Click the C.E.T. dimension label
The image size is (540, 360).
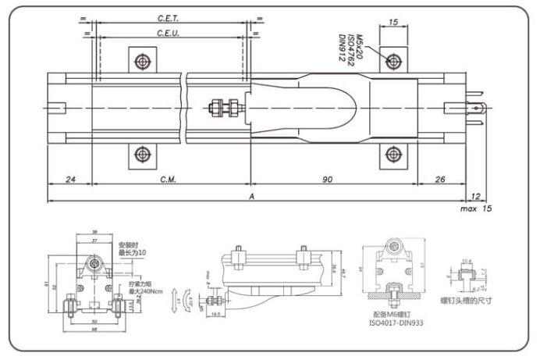point(169,17)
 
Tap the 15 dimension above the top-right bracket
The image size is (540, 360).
point(393,23)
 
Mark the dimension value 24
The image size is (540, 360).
point(70,180)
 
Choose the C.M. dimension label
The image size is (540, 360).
point(169,180)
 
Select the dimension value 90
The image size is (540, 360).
point(328,180)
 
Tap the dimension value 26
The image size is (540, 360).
point(439,180)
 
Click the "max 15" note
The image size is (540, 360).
point(476,209)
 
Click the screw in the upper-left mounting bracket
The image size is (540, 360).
point(141,61)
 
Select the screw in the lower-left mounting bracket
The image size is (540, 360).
point(141,154)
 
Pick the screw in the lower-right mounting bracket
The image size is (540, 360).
point(393,154)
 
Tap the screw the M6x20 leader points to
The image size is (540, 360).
point(393,61)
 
